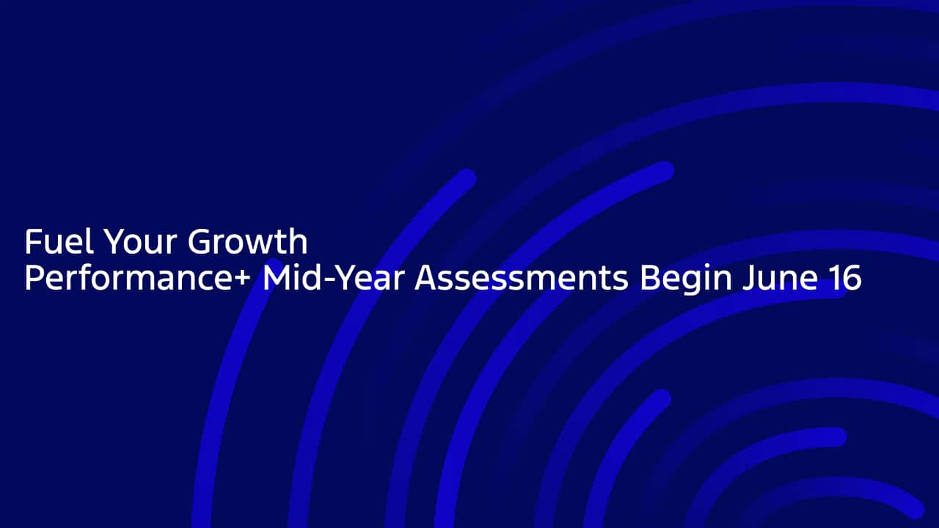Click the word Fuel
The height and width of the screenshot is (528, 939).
point(59,241)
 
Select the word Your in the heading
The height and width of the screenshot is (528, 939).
point(140,241)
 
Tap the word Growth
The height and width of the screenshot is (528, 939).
point(247,241)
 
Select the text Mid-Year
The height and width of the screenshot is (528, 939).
point(334,277)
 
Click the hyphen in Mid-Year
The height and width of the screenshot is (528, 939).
point(329,280)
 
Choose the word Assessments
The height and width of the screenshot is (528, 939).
point(522,277)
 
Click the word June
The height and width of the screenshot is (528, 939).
point(780,277)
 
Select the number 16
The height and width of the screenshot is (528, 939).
point(845,277)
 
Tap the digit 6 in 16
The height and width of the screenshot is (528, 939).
point(852,277)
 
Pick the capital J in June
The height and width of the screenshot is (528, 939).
point(749,277)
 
